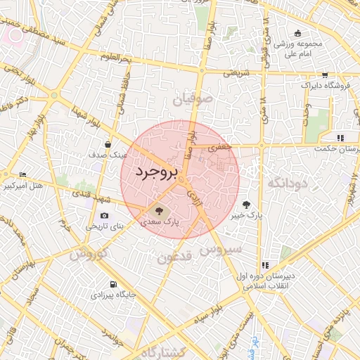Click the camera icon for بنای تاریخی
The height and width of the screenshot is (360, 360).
point(104,216)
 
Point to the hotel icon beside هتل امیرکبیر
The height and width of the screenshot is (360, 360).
point(23,175)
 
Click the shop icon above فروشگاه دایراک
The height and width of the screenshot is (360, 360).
point(324,75)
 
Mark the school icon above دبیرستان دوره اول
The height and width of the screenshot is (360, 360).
point(265,265)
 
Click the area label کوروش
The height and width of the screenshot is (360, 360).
point(88,252)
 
